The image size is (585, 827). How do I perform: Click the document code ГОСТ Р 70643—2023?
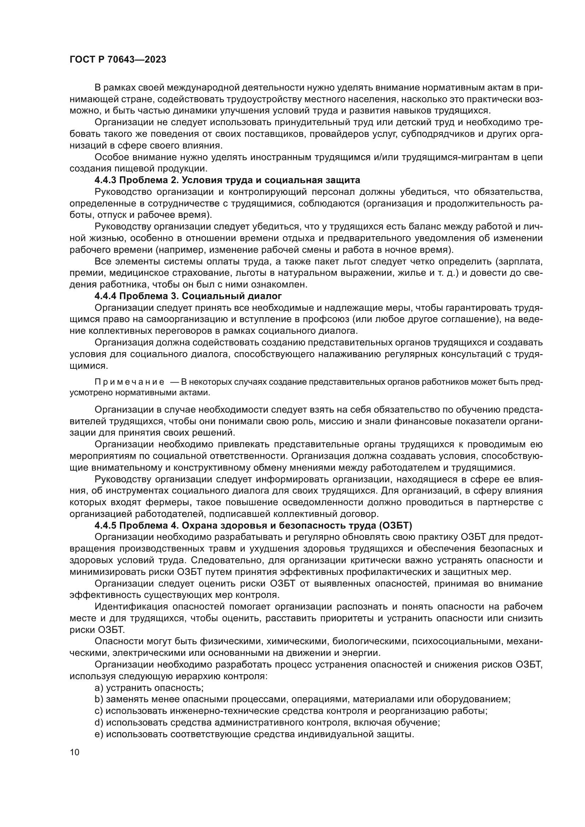[x=118, y=60]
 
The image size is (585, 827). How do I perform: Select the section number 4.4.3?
[x=105, y=180]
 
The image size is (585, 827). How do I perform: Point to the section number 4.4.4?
[x=105, y=296]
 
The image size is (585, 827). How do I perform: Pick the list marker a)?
[x=99, y=688]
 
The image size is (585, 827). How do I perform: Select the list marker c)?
[x=99, y=711]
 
